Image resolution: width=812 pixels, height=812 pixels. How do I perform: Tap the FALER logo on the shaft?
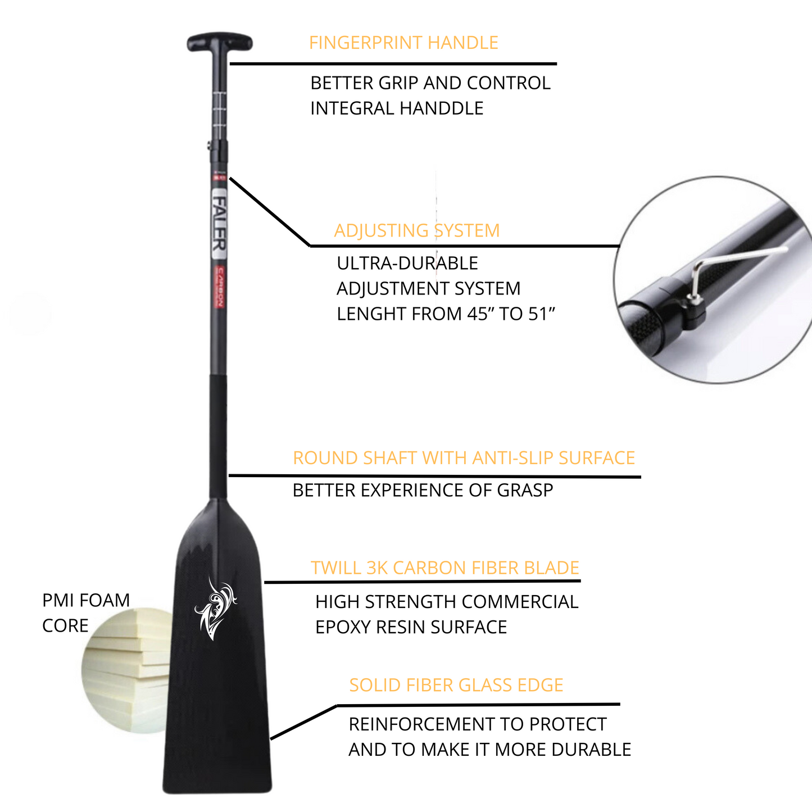219,223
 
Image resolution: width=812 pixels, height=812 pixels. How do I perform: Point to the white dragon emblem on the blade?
215,610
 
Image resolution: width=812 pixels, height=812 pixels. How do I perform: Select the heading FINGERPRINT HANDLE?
403,43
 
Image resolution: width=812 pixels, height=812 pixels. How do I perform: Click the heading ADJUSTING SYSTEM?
416,231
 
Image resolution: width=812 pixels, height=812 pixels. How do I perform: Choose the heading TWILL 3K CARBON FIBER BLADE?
444,568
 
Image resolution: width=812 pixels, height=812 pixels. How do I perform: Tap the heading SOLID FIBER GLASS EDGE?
456,686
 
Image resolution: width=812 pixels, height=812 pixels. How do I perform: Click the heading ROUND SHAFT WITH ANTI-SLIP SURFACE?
464,458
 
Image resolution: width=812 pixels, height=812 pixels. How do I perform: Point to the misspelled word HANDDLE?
443,108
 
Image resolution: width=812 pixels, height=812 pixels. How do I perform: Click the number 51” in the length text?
541,314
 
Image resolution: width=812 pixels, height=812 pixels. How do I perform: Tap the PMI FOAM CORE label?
85,613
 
